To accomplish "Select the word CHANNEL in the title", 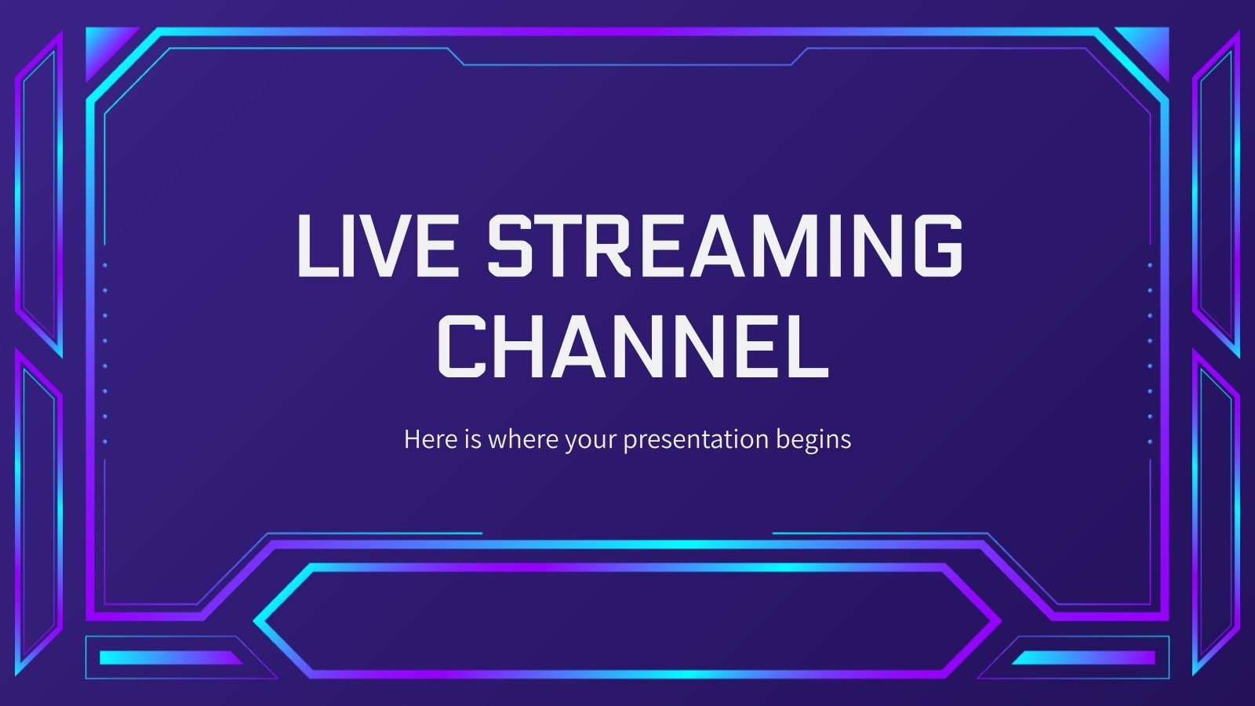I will tap(632, 345).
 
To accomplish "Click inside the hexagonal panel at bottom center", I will tap(627, 620).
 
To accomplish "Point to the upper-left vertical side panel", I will tap(39, 192).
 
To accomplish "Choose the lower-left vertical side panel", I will tap(39, 510).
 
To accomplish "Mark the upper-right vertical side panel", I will tap(1216, 192).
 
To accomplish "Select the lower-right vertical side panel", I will tap(1216, 510).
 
